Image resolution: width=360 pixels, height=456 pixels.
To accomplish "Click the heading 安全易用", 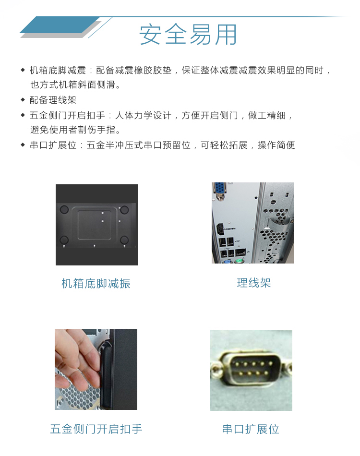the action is pos(188,35).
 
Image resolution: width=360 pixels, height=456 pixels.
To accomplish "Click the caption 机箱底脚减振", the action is pos(96,284).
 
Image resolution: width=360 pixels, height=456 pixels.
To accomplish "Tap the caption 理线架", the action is pos(254,283).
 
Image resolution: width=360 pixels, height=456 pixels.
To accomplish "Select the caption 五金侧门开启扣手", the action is pos(96,429).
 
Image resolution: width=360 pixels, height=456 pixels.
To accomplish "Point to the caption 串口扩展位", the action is pos(251,429).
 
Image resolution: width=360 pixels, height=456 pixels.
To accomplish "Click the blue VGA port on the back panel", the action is pos(219,191).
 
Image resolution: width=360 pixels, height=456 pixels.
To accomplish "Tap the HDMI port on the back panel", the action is pos(221,229).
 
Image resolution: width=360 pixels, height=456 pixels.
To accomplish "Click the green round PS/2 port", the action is pos(239,261).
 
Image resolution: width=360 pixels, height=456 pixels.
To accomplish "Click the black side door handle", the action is pos(106,375).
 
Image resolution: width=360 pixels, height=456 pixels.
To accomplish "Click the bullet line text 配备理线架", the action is pos(53,100).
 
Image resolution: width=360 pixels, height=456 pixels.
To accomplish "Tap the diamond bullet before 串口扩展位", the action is pos(23,144).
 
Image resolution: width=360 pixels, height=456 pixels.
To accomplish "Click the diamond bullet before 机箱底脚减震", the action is pos(23,70).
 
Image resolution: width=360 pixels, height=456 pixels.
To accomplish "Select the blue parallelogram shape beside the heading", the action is pos(60,25).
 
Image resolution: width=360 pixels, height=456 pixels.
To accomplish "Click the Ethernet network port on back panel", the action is pos(240,252).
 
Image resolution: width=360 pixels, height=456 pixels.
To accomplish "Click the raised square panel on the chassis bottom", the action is pos(94,224).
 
